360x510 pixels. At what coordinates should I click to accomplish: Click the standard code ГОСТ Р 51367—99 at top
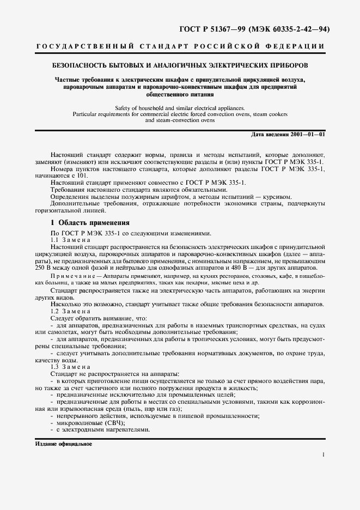pyautogui.click(x=212, y=29)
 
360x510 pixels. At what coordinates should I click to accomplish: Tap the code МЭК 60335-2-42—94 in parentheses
pyautogui.click(x=289, y=29)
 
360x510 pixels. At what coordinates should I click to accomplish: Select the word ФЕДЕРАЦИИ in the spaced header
pyautogui.click(x=299, y=46)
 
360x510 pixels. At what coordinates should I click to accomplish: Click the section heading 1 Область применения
pyautogui.click(x=90, y=223)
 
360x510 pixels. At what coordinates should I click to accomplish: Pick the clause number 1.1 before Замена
pyautogui.click(x=54, y=240)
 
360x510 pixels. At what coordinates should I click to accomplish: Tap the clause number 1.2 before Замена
pyautogui.click(x=54, y=311)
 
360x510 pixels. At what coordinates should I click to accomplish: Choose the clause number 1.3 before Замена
pyautogui.click(x=54, y=367)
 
